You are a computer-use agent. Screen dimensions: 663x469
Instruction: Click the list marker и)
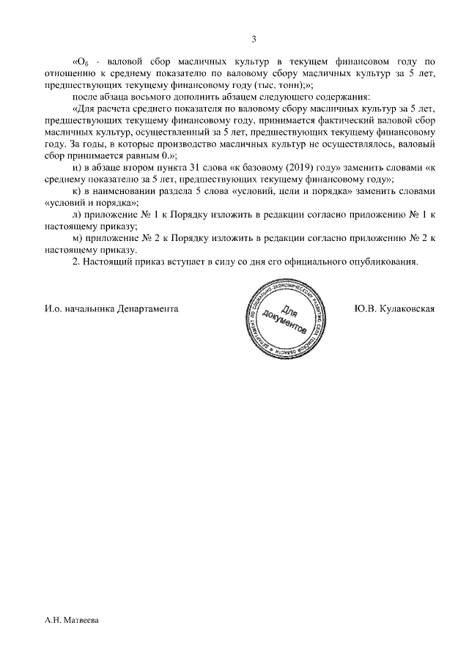(x=78, y=168)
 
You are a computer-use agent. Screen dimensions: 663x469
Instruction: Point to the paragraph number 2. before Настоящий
(x=77, y=261)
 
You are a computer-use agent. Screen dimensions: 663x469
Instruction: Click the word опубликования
(x=383, y=261)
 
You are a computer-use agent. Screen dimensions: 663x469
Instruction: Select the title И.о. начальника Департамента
(x=111, y=308)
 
